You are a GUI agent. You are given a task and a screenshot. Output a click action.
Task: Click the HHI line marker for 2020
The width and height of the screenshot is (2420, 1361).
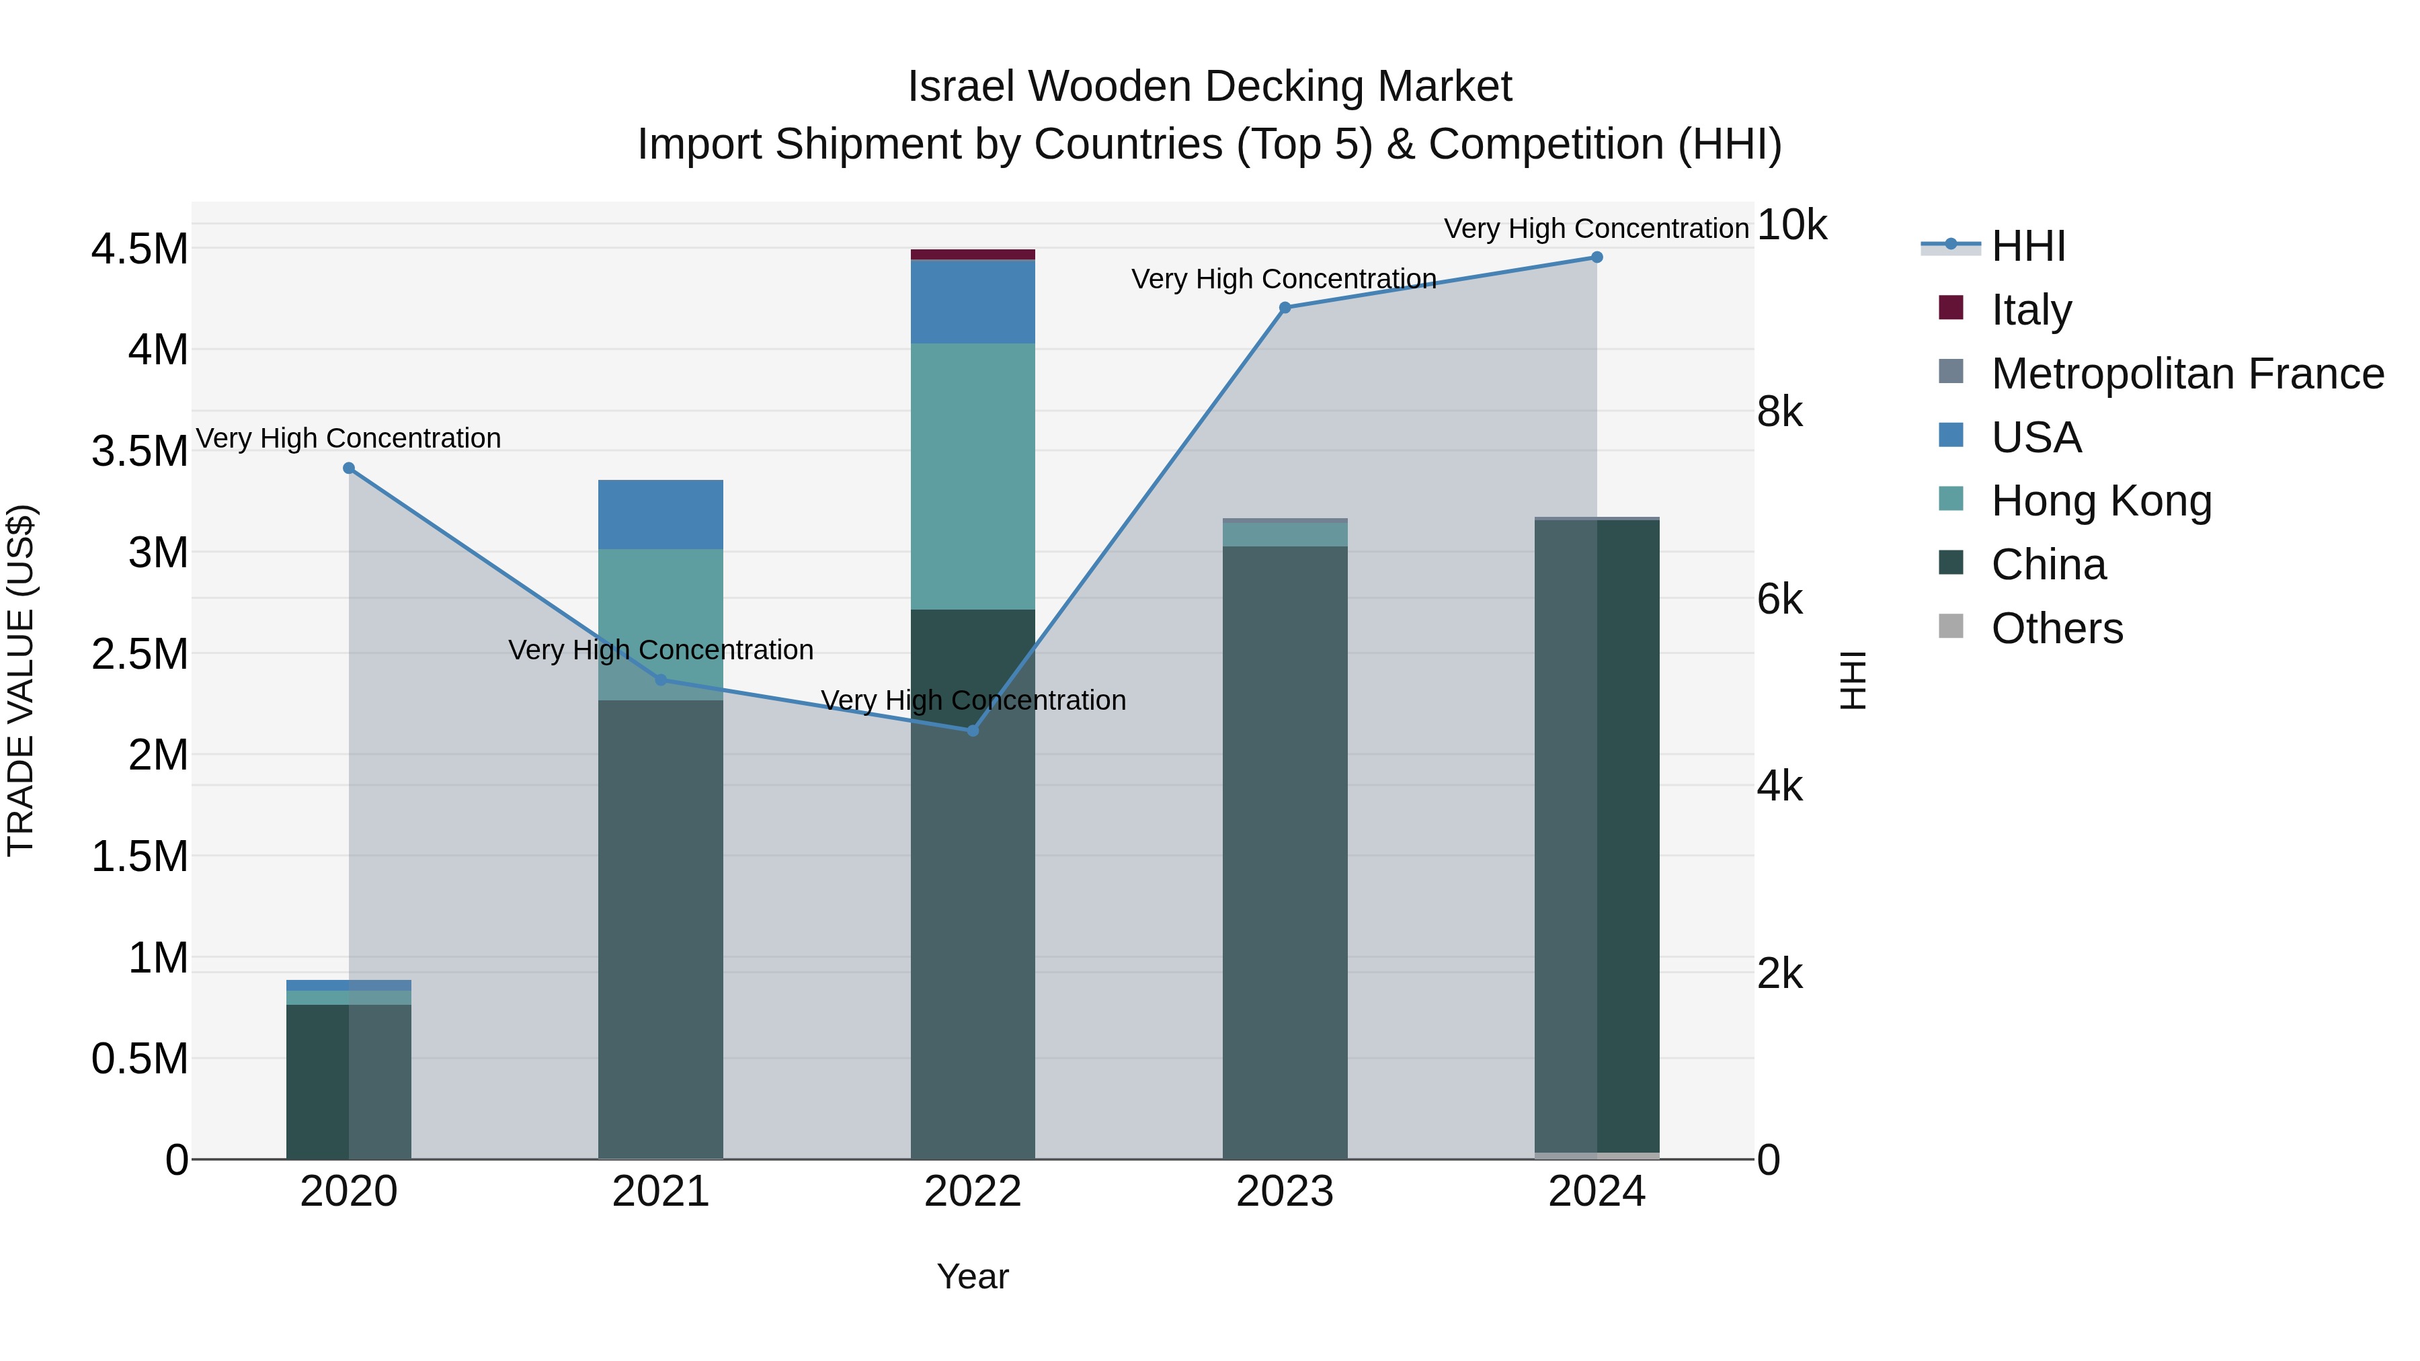348,468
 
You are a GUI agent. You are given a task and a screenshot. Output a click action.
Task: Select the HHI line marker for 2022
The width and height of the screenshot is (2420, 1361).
972,731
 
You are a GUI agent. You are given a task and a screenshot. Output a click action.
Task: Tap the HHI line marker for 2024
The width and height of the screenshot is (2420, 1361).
1596,257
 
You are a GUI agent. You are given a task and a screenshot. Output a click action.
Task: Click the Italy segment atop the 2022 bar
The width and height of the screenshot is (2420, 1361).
972,255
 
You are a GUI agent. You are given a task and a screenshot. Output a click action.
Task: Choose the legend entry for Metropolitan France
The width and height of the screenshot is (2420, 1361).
2187,374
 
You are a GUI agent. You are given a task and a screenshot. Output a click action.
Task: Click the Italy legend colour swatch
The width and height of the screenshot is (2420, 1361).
1950,308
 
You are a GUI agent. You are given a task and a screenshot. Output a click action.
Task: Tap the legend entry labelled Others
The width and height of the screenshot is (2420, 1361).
2056,628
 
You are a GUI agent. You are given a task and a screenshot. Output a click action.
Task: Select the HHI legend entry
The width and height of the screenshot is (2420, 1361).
2027,246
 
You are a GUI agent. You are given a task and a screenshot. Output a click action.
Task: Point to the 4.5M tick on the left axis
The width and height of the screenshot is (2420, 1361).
139,249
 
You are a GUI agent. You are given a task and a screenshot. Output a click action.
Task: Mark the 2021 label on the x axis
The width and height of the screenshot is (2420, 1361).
660,1192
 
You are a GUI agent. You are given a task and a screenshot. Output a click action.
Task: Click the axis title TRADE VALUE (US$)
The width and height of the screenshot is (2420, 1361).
21,680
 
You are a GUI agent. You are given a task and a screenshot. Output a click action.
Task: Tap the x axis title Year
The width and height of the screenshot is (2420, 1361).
972,1276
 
